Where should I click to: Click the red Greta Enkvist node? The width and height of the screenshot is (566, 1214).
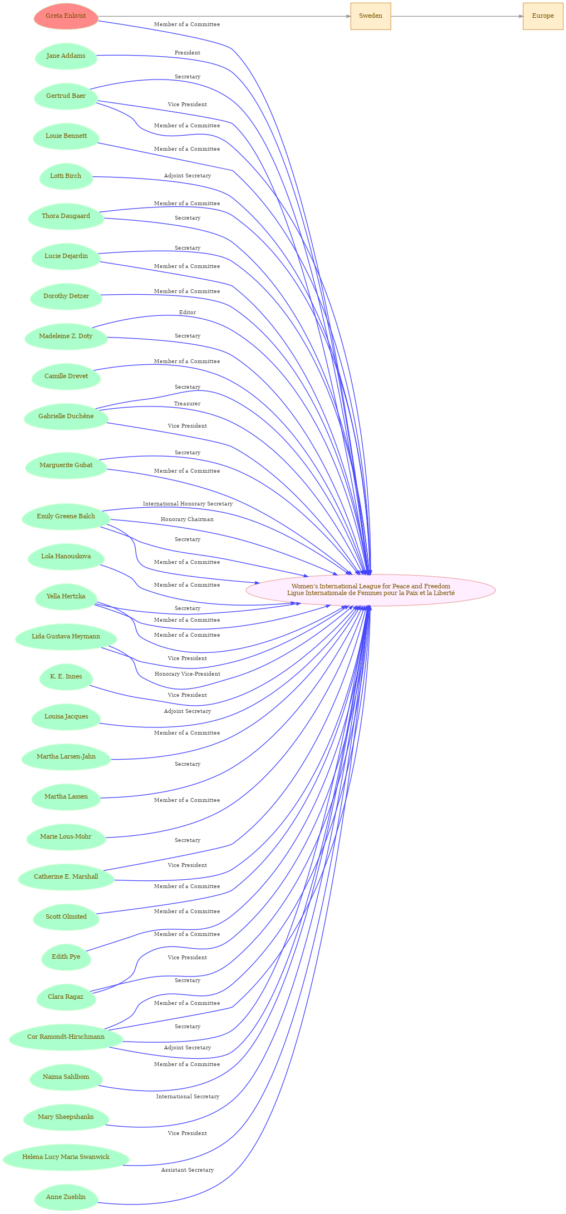pyautogui.click(x=66, y=16)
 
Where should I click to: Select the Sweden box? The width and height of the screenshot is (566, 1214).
pyautogui.click(x=371, y=16)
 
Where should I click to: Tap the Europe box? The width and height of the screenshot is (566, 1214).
pyautogui.click(x=543, y=16)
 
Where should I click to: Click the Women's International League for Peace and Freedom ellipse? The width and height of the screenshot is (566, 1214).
pyautogui.click(x=371, y=590)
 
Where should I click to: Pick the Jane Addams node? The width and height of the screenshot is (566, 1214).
pyautogui.click(x=66, y=56)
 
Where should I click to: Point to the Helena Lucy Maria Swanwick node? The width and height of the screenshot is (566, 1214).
pyautogui.click(x=66, y=1157)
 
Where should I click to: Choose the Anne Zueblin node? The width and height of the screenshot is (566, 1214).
pyautogui.click(x=66, y=1197)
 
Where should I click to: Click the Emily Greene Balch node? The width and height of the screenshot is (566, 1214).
pyautogui.click(x=66, y=517)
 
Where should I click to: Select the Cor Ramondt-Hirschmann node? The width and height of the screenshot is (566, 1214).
pyautogui.click(x=66, y=1037)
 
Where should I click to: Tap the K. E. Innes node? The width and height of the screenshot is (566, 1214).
pyautogui.click(x=66, y=677)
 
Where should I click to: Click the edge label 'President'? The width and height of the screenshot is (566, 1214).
pyautogui.click(x=188, y=53)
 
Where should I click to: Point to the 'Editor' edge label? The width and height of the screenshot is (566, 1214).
pyautogui.click(x=188, y=313)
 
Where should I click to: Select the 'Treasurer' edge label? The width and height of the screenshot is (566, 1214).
pyautogui.click(x=188, y=404)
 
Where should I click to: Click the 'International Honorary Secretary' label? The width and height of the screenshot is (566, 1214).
pyautogui.click(x=188, y=504)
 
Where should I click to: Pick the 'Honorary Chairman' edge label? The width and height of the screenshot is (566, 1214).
pyautogui.click(x=188, y=519)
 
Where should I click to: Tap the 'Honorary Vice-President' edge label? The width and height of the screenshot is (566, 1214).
pyautogui.click(x=188, y=674)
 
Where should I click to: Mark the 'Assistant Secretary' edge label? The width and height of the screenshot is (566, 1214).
pyautogui.click(x=188, y=1170)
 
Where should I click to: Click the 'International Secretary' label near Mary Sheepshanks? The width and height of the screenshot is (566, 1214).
pyautogui.click(x=188, y=1097)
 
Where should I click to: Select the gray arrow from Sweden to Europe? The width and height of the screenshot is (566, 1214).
pyautogui.click(x=457, y=16)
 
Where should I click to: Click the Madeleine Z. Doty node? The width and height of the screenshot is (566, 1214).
pyautogui.click(x=66, y=336)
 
